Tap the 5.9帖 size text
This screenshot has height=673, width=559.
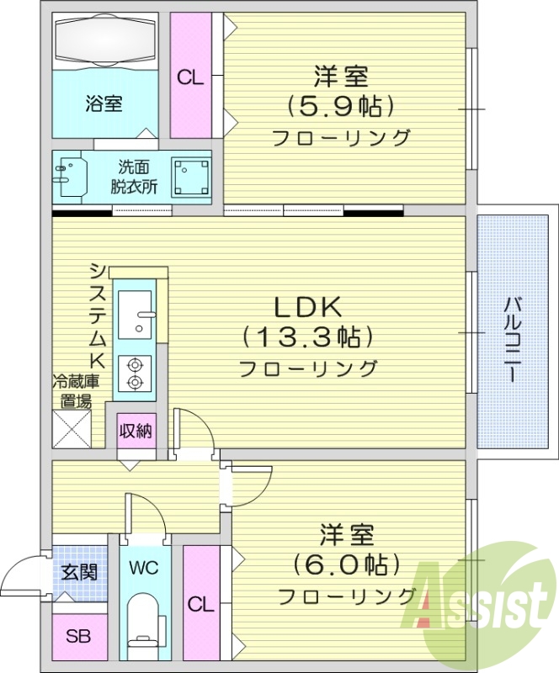coord(341,107)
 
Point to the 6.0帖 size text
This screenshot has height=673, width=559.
coord(345,563)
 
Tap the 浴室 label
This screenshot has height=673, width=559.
coord(104,104)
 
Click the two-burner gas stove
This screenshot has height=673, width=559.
coord(134,373)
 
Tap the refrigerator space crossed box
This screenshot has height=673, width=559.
coord(72,429)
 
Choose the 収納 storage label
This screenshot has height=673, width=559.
coord(135,432)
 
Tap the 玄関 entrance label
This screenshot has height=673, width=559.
coord(78,573)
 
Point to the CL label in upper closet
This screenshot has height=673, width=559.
coord(190,77)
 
